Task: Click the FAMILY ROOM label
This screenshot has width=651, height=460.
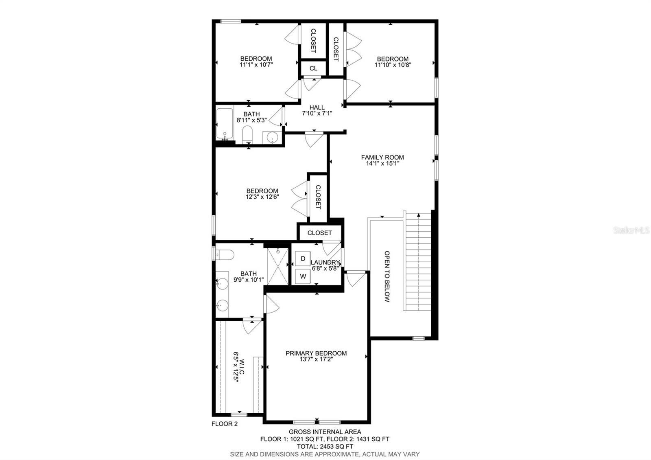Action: pyautogui.click(x=382, y=157)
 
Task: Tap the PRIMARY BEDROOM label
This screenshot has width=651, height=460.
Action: pyautogui.click(x=316, y=353)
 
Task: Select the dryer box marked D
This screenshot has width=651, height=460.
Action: pyautogui.click(x=303, y=258)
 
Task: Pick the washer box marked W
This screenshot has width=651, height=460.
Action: pyautogui.click(x=303, y=276)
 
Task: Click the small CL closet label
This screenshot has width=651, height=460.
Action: pyautogui.click(x=313, y=68)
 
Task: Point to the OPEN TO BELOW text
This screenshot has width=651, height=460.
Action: pyautogui.click(x=387, y=276)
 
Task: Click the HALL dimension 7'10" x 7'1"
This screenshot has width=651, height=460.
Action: pyautogui.click(x=317, y=114)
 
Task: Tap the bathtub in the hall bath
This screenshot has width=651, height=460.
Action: pyautogui.click(x=225, y=124)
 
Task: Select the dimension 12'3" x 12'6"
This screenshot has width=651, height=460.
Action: pyautogui.click(x=262, y=197)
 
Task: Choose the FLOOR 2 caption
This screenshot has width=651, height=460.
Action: pyautogui.click(x=224, y=424)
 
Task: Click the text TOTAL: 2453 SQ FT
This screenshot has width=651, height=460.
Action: pyautogui.click(x=325, y=446)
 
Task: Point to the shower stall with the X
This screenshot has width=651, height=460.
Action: pyautogui.click(x=277, y=266)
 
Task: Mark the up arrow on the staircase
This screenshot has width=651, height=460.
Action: pyautogui.click(x=419, y=215)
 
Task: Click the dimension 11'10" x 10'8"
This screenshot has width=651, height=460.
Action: pyautogui.click(x=393, y=65)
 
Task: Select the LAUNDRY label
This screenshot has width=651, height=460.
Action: pyautogui.click(x=325, y=262)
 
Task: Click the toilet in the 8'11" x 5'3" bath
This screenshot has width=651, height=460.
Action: pyautogui.click(x=247, y=134)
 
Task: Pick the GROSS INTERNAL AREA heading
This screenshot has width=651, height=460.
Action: pyautogui.click(x=325, y=432)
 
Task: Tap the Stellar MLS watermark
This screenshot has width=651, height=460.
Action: pyautogui.click(x=631, y=230)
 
